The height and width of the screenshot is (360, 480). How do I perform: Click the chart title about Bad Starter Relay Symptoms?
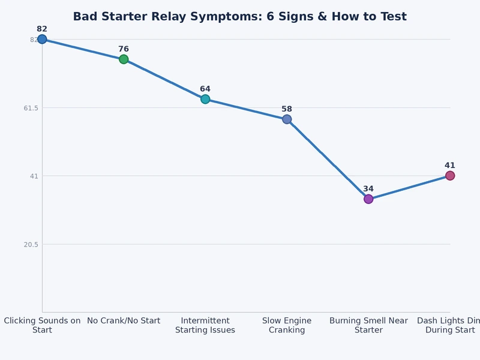239,17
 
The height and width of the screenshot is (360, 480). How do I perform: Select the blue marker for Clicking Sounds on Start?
42,39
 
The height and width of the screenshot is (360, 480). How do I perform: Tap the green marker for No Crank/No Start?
124,59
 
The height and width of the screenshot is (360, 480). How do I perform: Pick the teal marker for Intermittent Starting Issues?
205,99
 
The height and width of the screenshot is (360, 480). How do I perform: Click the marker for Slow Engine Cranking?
287,119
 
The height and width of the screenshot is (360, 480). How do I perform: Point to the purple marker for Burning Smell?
368,199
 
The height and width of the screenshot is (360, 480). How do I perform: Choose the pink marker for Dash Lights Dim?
450,176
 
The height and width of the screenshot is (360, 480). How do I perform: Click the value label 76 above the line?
124,49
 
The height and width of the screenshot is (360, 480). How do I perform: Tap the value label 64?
205,89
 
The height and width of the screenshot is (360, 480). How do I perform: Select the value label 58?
287,109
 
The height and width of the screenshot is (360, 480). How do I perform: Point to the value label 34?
368,189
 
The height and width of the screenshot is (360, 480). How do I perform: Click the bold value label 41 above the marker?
450,166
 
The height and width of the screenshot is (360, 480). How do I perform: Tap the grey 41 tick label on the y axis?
34,176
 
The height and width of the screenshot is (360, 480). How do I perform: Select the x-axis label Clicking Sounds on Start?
42,325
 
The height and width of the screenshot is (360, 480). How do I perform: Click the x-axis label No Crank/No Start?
124,321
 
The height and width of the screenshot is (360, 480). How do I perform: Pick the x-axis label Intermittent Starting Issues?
205,325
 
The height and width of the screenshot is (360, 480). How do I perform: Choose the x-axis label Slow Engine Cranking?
287,325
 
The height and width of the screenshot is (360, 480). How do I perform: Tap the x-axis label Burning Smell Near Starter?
368,325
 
